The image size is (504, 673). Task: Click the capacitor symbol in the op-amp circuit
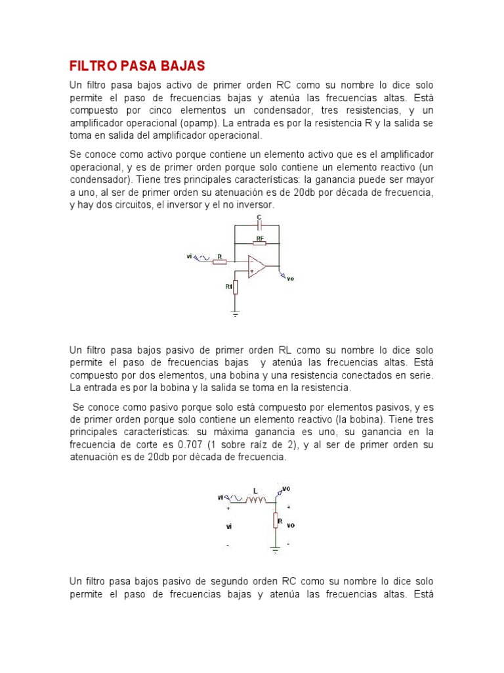point(260,225)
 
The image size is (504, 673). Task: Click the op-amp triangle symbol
point(257,266)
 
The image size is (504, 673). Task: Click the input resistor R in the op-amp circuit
point(219,262)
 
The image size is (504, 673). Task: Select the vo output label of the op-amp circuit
point(291,279)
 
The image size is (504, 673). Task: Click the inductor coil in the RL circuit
point(255,501)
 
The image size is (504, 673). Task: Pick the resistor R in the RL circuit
point(277,521)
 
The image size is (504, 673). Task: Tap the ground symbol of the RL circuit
point(277,546)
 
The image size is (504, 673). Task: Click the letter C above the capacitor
point(259,216)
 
